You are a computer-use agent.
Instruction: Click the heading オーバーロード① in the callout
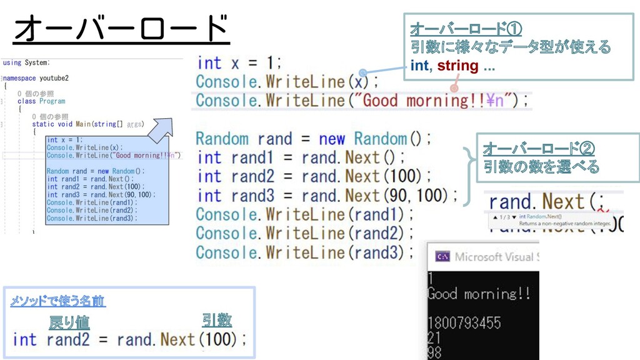(x=466, y=29)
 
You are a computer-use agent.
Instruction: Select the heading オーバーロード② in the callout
(x=538, y=149)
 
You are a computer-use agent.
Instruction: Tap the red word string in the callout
(x=457, y=66)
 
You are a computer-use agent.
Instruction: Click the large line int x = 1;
(x=239, y=62)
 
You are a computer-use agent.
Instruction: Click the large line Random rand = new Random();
(x=313, y=138)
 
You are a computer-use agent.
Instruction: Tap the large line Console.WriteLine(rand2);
(x=304, y=233)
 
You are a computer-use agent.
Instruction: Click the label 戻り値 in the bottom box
(x=69, y=322)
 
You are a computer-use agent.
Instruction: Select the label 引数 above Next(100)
(x=216, y=321)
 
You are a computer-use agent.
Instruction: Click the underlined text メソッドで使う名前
(x=57, y=301)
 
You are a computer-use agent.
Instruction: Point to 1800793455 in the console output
(x=464, y=322)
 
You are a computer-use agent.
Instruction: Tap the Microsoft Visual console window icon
(x=442, y=256)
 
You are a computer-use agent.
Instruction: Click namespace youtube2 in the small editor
(x=36, y=78)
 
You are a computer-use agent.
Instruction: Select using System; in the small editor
(x=26, y=62)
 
